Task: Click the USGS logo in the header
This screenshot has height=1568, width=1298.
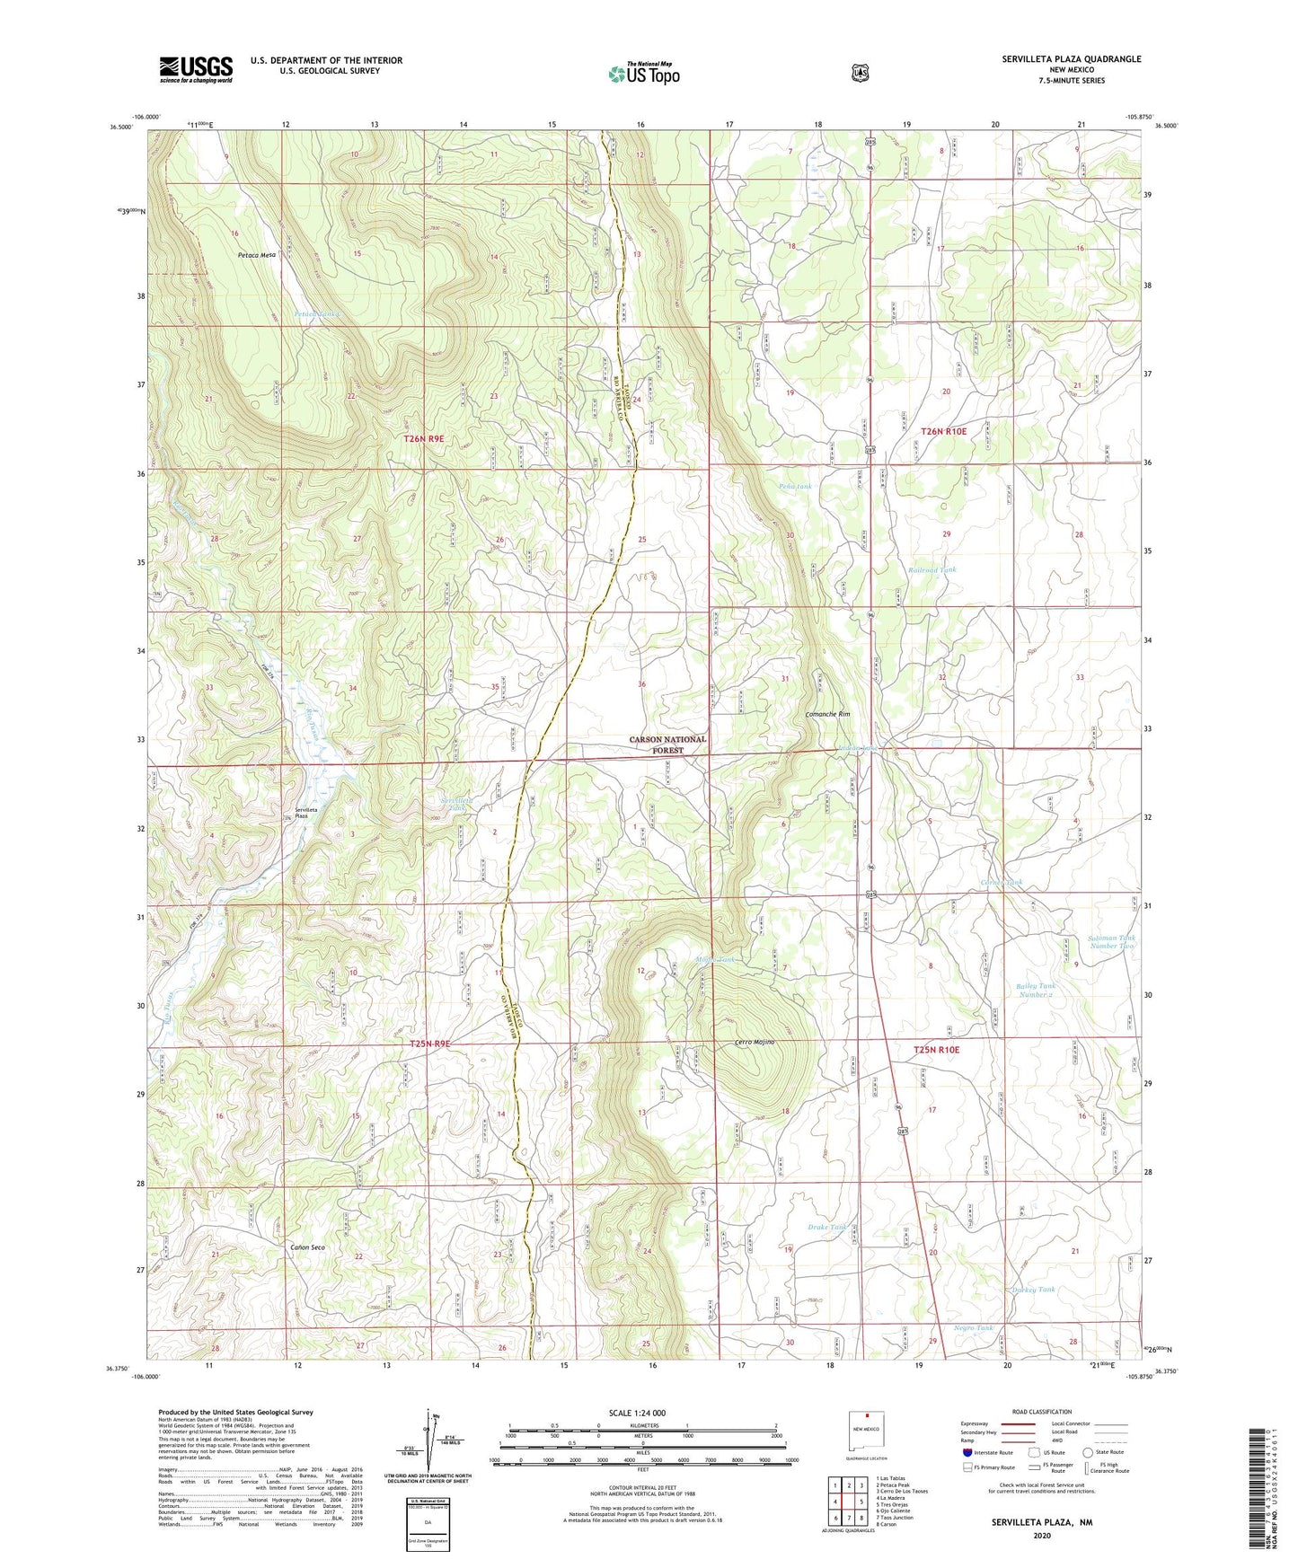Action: (x=196, y=69)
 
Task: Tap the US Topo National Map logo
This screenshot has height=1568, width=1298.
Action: (x=643, y=74)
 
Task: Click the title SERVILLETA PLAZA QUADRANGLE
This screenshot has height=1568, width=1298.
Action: (x=1072, y=59)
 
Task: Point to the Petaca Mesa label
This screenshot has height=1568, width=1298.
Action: (x=256, y=255)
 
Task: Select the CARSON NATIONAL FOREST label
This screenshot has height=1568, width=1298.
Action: (x=667, y=744)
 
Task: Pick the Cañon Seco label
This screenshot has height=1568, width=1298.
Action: (x=307, y=1248)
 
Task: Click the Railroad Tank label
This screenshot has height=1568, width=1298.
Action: (x=932, y=569)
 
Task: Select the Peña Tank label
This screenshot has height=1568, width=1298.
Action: (x=795, y=486)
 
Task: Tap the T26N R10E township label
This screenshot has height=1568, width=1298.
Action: (x=943, y=431)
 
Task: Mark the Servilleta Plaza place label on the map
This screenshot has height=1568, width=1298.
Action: (x=296, y=813)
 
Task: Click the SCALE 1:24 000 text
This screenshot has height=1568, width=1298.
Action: (x=637, y=1413)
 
